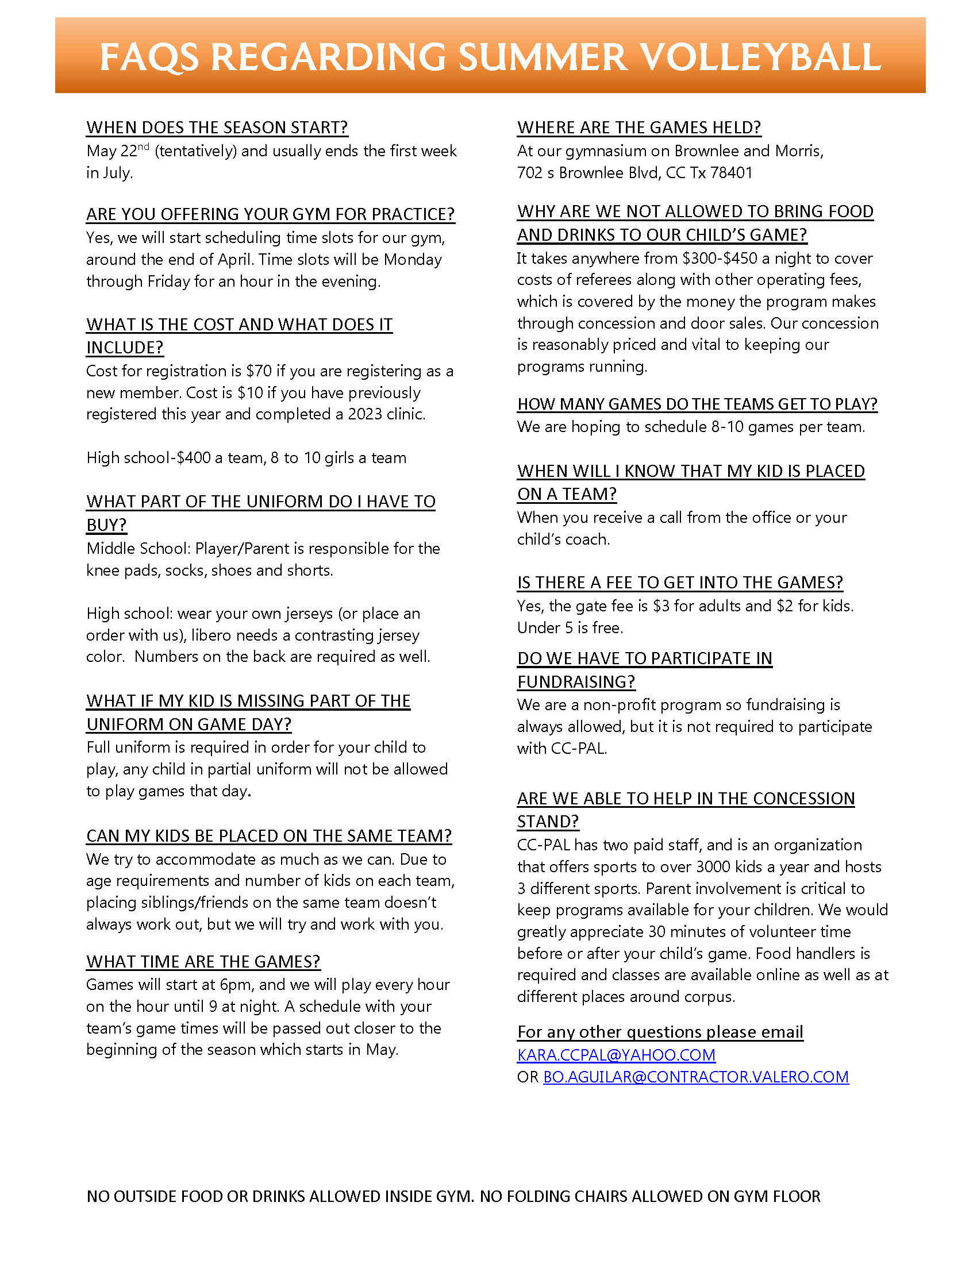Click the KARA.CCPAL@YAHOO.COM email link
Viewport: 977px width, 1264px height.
[x=616, y=1055]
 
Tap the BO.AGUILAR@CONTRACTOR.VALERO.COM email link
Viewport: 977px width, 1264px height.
[x=696, y=1077]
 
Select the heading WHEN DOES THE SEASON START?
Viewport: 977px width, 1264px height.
[x=217, y=128]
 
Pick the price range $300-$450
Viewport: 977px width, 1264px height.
[x=720, y=258]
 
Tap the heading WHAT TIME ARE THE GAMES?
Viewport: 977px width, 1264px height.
[x=203, y=961]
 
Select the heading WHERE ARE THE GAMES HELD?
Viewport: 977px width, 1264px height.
[x=639, y=128]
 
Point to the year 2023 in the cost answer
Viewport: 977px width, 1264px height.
[x=365, y=414]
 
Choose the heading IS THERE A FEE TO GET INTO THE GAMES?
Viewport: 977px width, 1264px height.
[x=680, y=583]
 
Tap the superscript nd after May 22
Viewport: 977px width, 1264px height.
[x=144, y=147]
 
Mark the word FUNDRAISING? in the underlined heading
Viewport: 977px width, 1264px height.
[x=576, y=682]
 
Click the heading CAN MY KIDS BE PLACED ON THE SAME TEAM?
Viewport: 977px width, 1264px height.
[x=268, y=836]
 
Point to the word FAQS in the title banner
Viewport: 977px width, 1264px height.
[x=149, y=57]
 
